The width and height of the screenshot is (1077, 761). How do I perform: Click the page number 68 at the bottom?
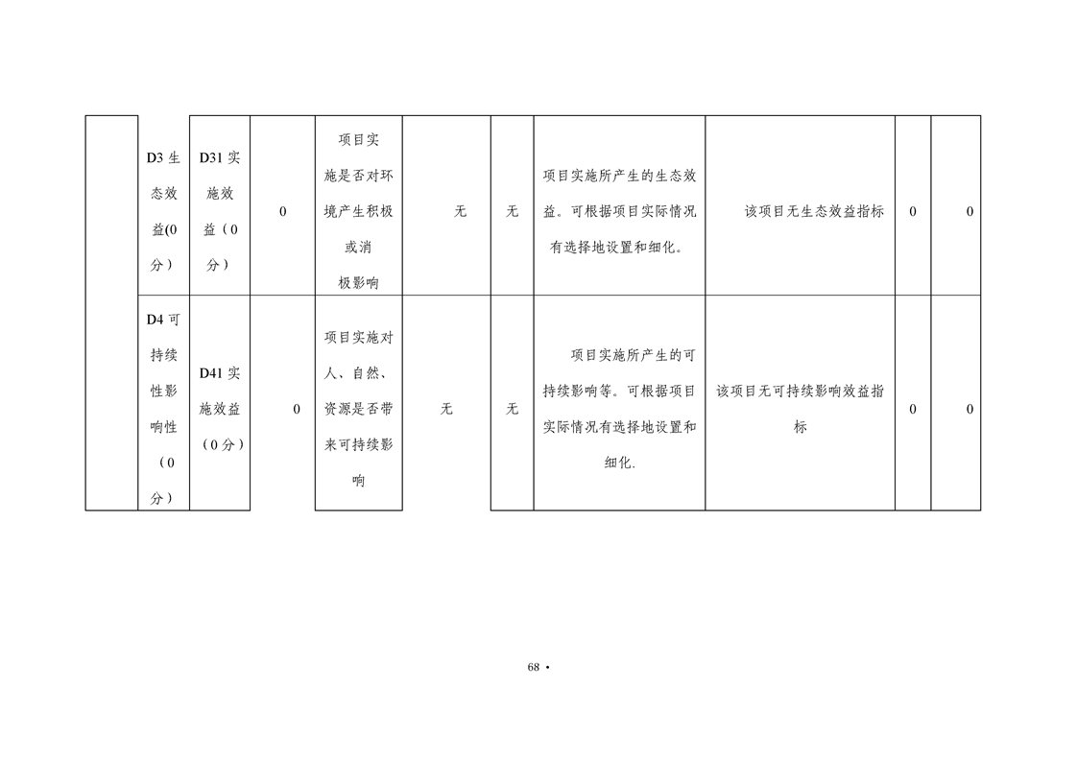click(534, 667)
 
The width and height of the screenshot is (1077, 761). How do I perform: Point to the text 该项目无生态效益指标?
click(814, 211)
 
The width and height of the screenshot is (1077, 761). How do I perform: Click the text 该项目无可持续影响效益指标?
click(801, 409)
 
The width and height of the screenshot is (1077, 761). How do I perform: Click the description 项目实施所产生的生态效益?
click(619, 211)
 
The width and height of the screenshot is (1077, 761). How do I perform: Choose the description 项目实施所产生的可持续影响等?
click(619, 409)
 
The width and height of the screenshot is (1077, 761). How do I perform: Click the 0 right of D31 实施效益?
click(282, 211)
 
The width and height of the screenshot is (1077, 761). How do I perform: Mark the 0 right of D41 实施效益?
click(296, 409)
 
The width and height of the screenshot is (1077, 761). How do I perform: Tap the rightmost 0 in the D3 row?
click(969, 211)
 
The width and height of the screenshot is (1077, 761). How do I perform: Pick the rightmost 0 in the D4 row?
click(969, 409)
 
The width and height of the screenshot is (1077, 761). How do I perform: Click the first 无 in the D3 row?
click(460, 211)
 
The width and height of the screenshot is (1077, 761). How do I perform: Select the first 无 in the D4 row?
click(446, 409)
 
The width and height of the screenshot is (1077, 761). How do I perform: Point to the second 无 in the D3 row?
click(512, 211)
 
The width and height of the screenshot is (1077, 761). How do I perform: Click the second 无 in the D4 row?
click(512, 409)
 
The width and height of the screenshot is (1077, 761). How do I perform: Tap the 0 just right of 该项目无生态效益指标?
click(912, 211)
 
